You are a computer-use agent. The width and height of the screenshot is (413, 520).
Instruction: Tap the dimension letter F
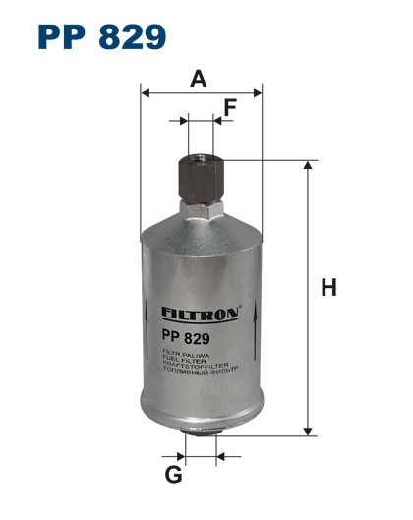(x=230, y=109)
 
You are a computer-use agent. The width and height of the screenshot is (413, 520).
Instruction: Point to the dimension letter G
(x=173, y=476)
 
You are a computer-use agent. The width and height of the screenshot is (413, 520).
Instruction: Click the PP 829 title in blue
(x=102, y=36)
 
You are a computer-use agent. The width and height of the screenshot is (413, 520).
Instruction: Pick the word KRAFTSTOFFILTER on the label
(x=191, y=366)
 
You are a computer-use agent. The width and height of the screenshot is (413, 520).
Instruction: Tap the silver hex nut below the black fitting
(x=202, y=208)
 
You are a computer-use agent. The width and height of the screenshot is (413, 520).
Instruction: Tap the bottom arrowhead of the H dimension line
(x=308, y=430)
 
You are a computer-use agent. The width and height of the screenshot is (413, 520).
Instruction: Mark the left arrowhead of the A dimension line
(x=147, y=93)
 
